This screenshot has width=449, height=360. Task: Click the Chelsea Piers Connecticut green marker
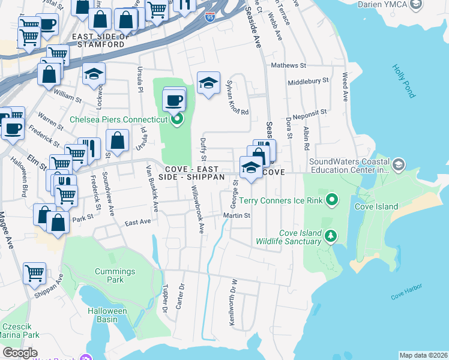[176, 119]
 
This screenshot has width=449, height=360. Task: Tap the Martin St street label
[237, 215]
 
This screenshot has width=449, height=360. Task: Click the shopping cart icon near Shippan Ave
[34, 273]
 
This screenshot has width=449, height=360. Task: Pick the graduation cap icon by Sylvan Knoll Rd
[208, 82]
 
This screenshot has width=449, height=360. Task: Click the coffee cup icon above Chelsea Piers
[174, 99]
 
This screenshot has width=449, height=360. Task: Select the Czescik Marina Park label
[20, 331]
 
